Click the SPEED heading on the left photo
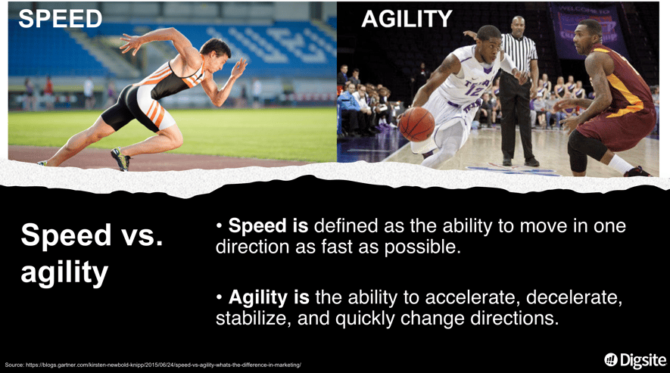coord(61,19)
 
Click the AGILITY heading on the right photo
coord(407,19)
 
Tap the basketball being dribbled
coord(416,124)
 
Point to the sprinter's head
coord(217,51)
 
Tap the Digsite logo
coord(636,360)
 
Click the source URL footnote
coord(153,365)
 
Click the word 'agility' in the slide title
coord(64,272)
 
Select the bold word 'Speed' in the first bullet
coord(257,226)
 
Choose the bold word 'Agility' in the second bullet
coord(257,297)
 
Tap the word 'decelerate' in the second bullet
coord(574,298)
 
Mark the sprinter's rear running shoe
coord(121,159)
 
